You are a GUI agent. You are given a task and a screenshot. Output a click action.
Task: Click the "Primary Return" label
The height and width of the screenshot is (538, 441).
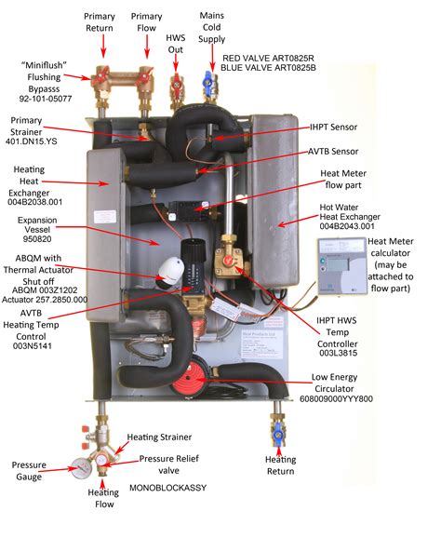[100, 22]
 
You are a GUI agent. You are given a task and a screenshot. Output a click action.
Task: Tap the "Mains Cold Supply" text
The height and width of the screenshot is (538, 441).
[212, 28]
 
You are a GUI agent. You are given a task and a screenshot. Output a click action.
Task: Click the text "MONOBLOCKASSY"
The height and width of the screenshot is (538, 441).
[167, 487]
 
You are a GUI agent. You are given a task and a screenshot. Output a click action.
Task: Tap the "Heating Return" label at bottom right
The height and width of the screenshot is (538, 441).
[280, 465]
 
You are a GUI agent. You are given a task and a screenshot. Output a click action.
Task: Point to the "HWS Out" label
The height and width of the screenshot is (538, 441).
[175, 43]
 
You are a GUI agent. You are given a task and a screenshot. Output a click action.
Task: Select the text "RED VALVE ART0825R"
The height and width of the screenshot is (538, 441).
[269, 57]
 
